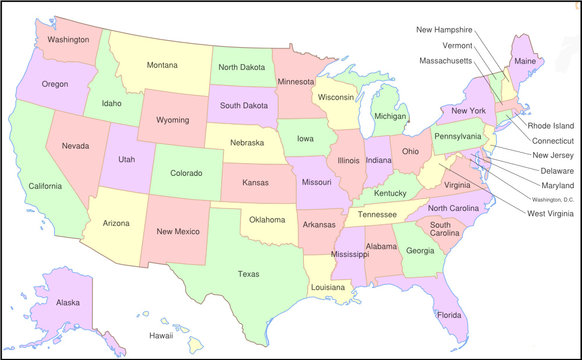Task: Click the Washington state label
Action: (68, 40)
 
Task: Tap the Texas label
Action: (249, 273)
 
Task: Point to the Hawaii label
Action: (160, 336)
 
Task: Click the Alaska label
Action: (68, 302)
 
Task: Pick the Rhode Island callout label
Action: (551, 126)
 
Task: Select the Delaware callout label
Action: (549, 170)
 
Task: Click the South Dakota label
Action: (242, 105)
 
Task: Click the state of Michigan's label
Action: (390, 116)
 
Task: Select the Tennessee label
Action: (378, 215)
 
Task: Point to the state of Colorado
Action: (185, 172)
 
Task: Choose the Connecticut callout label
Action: (552, 141)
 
